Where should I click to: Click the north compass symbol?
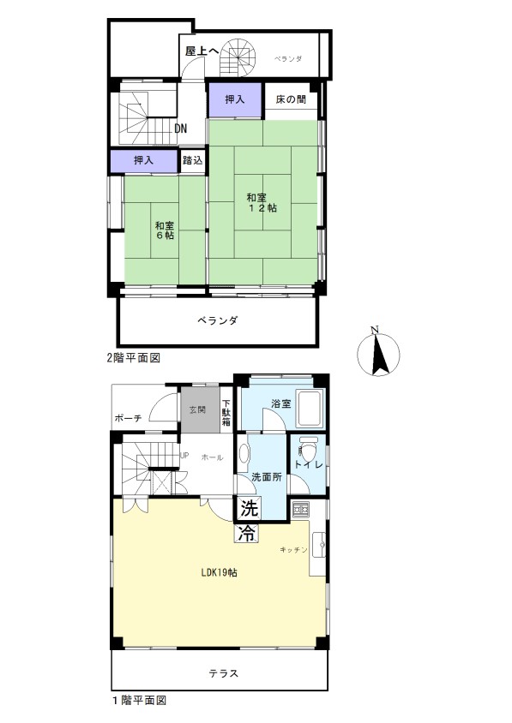pyautogui.click(x=378, y=354)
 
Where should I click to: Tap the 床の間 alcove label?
pyautogui.click(x=291, y=99)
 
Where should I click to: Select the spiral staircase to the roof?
pyautogui.click(x=238, y=57)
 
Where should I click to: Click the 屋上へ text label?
pyautogui.click(x=202, y=51)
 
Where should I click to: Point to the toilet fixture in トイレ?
pyautogui.click(x=306, y=451)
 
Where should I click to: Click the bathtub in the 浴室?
pyautogui.click(x=311, y=409)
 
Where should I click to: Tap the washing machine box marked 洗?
pyautogui.click(x=250, y=509)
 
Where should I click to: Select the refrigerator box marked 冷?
pyautogui.click(x=248, y=534)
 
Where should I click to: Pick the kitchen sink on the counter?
pyautogui.click(x=319, y=546)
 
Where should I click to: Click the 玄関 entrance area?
pyautogui.click(x=199, y=409)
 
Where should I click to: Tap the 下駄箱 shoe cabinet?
pyautogui.click(x=226, y=413)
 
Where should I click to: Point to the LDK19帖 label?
pyautogui.click(x=220, y=573)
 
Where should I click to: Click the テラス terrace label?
pyautogui.click(x=224, y=673)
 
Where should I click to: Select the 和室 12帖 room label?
pyautogui.click(x=262, y=203)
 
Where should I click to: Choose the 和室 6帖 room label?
pyautogui.click(x=165, y=230)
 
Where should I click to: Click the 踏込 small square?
pyautogui.click(x=192, y=160)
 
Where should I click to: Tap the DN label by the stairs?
pyautogui.click(x=181, y=128)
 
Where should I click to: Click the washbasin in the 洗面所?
pyautogui.click(x=244, y=453)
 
